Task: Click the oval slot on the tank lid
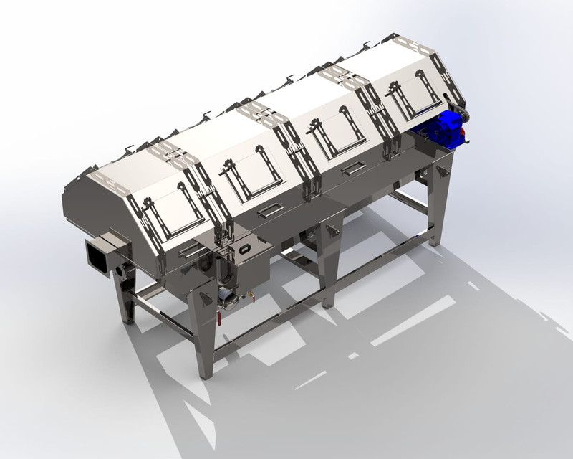(x=244, y=249)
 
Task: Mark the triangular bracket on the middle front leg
(x=330, y=229)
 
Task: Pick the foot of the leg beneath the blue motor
(x=434, y=244)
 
